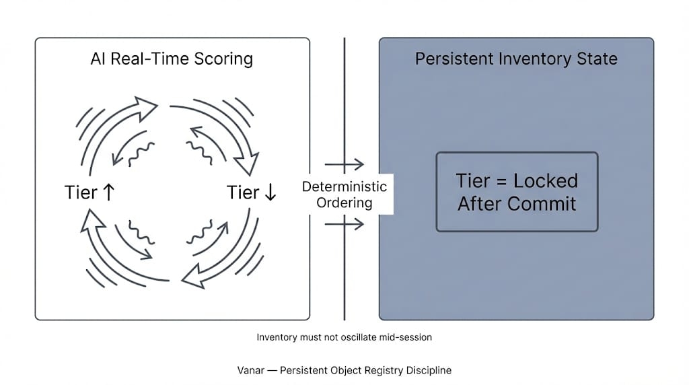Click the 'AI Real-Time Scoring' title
click(x=172, y=59)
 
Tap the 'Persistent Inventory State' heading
click(x=516, y=59)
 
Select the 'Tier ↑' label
click(x=90, y=193)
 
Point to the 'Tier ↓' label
click(x=252, y=193)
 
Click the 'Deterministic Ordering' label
click(x=344, y=195)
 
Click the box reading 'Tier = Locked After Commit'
click(x=517, y=192)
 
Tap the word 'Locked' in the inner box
click(x=546, y=181)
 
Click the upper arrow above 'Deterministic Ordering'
click(x=344, y=164)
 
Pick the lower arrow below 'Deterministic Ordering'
click(x=344, y=223)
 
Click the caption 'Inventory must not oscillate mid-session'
click(x=344, y=337)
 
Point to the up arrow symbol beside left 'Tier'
click(x=109, y=193)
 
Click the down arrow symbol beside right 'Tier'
click(x=270, y=193)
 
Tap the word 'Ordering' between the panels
click(x=344, y=202)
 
